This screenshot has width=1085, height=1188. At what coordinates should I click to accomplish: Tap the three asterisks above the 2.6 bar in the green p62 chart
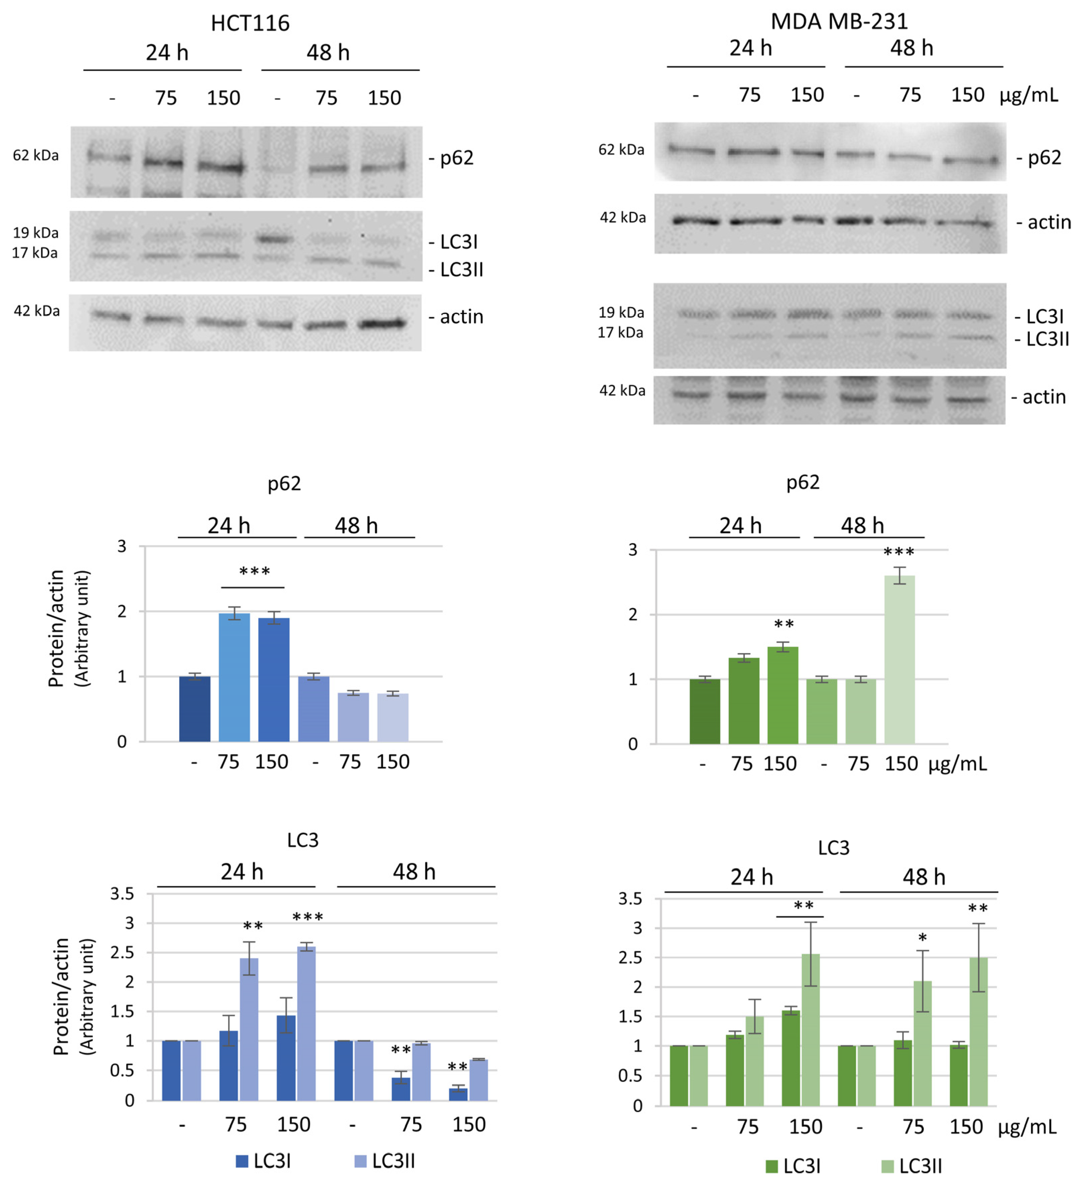(x=899, y=552)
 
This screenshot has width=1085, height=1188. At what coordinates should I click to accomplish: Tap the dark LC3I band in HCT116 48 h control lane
(x=274, y=239)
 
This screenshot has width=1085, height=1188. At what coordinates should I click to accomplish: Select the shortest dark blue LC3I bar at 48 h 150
(x=458, y=1094)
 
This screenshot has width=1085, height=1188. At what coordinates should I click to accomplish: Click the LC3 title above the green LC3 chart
(x=833, y=848)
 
